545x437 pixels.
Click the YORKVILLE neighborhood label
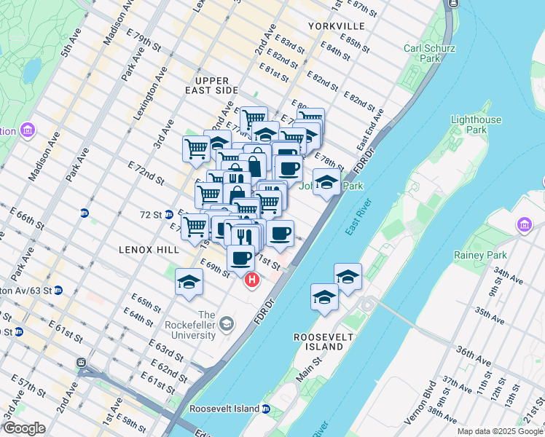point(336,25)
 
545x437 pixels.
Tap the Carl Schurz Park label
point(422,53)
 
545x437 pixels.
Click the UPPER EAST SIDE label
point(217,85)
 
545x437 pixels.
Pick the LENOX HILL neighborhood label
point(149,249)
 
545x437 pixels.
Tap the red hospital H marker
point(253,279)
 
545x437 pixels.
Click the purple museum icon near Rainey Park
point(525,226)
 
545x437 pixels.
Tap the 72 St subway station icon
point(168,214)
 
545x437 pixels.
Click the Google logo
point(24,428)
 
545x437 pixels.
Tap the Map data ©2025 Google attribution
point(501,431)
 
